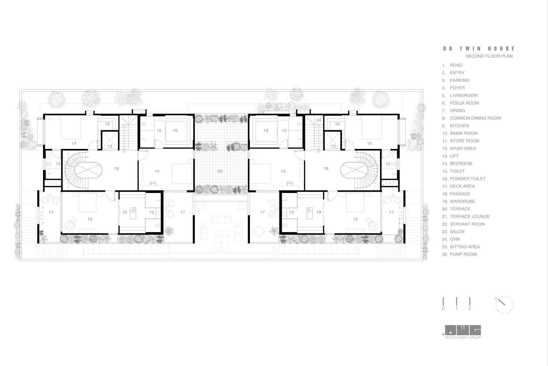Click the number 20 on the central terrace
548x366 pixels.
pyautogui.click(x=220, y=171)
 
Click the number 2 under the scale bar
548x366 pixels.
pyautogui.click(x=470, y=309)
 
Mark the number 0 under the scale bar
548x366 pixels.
pyautogui.click(x=443, y=309)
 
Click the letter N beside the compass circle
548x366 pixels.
pyautogui.click(x=496, y=298)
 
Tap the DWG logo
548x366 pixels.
pyautogui.click(x=462, y=330)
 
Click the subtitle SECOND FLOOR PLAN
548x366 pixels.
pyautogui.click(x=489, y=56)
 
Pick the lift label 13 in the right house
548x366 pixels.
pyautogui.click(x=333, y=146)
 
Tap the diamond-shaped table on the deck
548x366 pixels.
pyautogui.click(x=259, y=231)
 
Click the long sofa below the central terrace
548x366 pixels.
pyautogui.click(x=221, y=220)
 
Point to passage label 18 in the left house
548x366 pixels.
pyautogui.click(x=116, y=168)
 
